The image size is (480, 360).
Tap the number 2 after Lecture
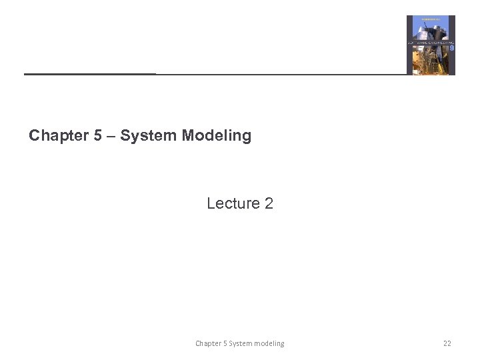click(269, 203)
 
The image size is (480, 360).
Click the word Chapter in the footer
click(209, 343)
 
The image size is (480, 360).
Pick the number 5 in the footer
click(225, 343)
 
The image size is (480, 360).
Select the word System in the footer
click(241, 343)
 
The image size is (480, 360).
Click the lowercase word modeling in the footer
click(270, 343)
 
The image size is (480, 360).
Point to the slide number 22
click(447, 343)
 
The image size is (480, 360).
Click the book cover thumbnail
click(431, 45)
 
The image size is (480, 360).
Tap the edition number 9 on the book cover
click(451, 48)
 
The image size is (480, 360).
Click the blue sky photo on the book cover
click(431, 29)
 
